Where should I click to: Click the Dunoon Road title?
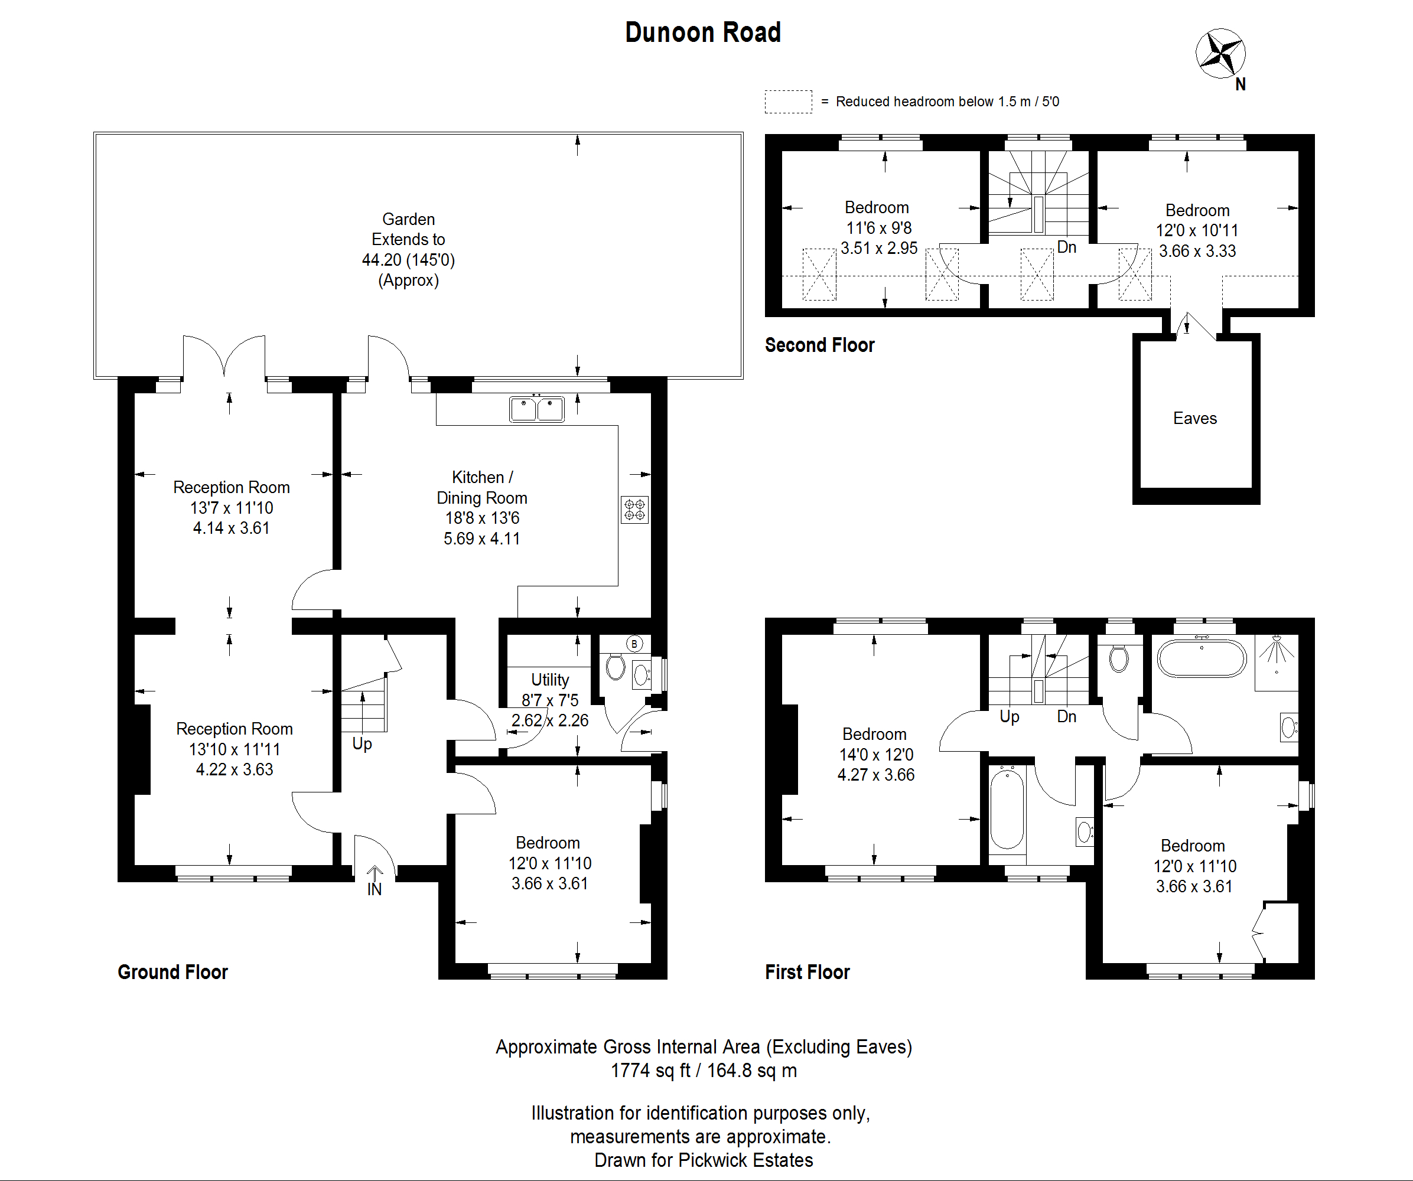click(x=703, y=32)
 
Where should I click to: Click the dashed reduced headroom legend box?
click(x=789, y=102)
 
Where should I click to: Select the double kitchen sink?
click(x=537, y=409)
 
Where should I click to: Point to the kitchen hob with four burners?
click(x=634, y=510)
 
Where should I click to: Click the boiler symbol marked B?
click(x=634, y=644)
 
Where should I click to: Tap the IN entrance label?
click(x=374, y=889)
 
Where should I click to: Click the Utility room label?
click(x=550, y=679)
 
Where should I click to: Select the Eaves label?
click(x=1195, y=418)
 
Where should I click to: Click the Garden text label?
click(x=408, y=219)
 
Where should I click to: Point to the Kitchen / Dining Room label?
click(x=482, y=488)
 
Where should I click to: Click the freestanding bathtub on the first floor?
click(x=1202, y=657)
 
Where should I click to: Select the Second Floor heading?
click(x=819, y=345)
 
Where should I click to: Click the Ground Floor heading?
click(x=173, y=972)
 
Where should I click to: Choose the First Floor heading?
click(x=808, y=972)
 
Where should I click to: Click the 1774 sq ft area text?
click(x=650, y=1070)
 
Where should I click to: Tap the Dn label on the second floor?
click(x=1066, y=247)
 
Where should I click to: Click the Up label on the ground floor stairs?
click(x=362, y=744)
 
